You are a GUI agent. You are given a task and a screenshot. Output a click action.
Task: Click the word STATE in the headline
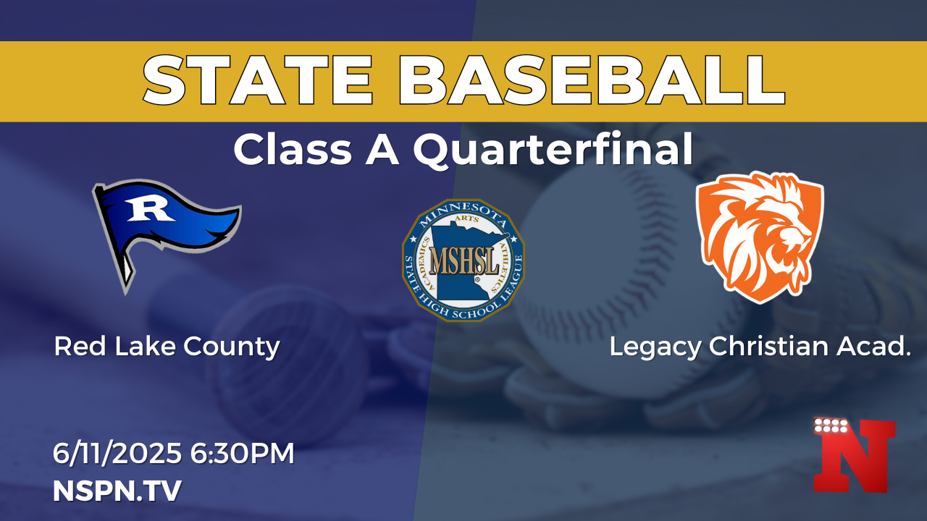(x=259, y=81)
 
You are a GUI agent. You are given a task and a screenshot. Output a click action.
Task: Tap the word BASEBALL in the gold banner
(x=592, y=81)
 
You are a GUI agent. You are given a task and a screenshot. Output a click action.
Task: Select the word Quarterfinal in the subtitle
(x=553, y=150)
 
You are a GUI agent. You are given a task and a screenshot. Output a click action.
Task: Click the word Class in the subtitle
(x=293, y=150)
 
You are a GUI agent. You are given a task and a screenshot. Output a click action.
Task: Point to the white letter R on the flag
(x=150, y=210)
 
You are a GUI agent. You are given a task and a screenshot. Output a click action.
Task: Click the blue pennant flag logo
(x=166, y=237)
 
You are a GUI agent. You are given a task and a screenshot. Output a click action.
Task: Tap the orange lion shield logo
(x=760, y=237)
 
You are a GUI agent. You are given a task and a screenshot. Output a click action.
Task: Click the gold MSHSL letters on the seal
(x=463, y=261)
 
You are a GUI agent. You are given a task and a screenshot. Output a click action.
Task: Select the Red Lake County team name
(x=167, y=347)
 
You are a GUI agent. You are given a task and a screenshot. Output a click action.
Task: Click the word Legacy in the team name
(x=655, y=347)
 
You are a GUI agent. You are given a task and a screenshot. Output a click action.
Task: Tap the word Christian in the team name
(x=768, y=346)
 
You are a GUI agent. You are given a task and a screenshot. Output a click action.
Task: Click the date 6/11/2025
(x=117, y=453)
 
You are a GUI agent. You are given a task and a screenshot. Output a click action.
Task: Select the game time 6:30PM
(x=242, y=453)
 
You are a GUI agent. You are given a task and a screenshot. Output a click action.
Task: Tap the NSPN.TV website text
(x=117, y=491)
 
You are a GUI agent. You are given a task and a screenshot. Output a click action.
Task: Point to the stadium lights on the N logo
(x=830, y=426)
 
